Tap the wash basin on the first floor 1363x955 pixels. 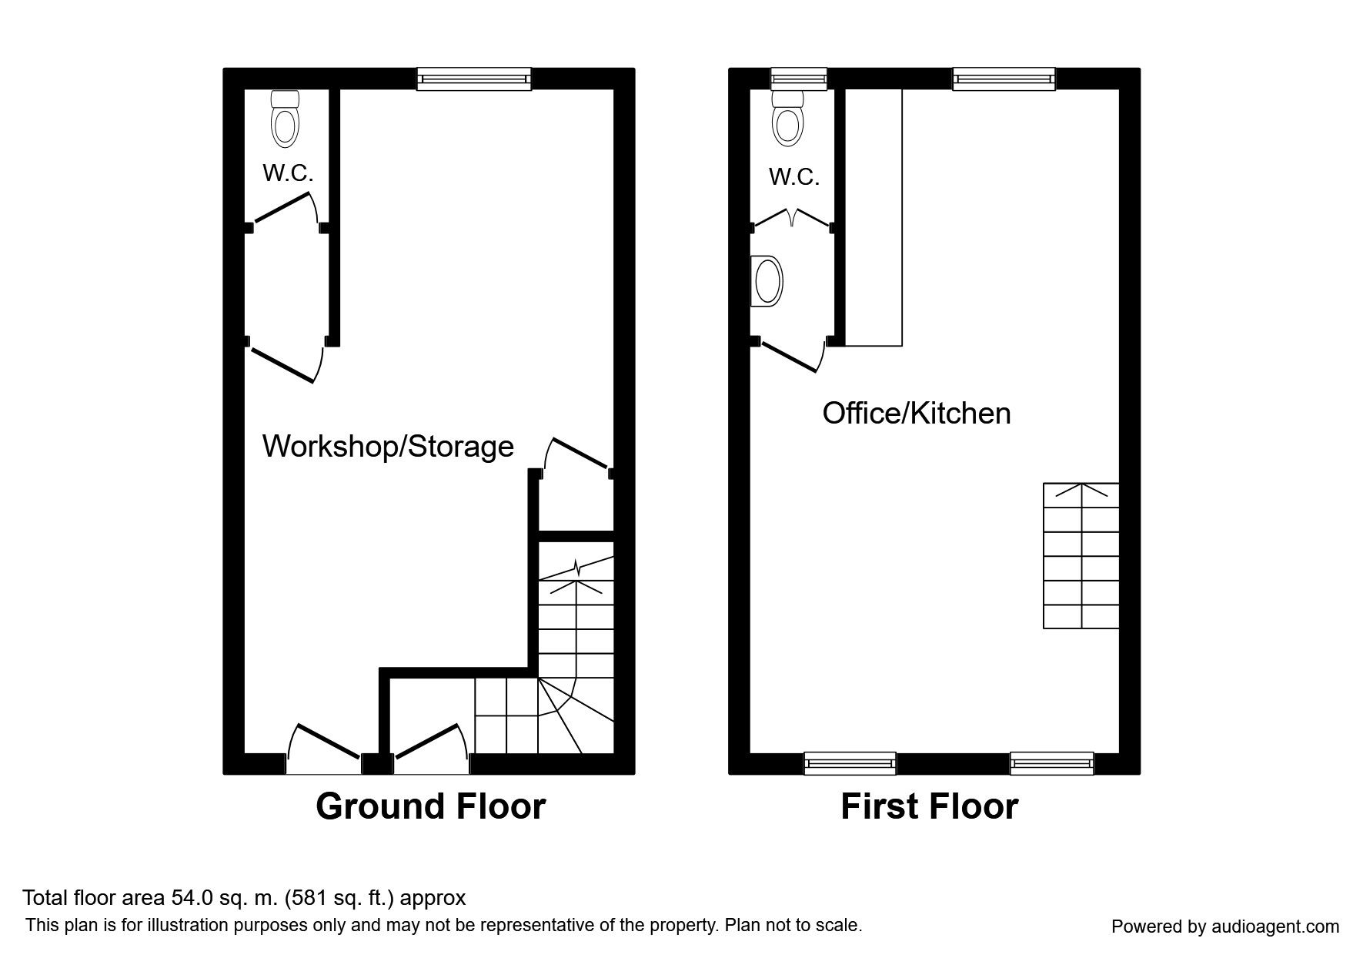pos(767,280)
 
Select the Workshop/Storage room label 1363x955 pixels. pos(388,446)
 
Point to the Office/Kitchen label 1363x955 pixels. pos(917,413)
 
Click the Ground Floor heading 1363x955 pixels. pos(431,806)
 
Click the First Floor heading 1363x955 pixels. pos(930,806)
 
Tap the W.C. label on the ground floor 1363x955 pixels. pos(288,173)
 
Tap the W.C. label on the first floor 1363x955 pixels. pos(793,177)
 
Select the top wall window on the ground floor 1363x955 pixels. pos(474,79)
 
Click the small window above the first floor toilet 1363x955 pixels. pos(799,79)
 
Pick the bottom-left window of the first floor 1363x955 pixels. pos(850,762)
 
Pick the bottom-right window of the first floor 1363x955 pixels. pos(1052,762)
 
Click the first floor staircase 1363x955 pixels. pos(1081,555)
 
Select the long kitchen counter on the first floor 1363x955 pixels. pos(874,217)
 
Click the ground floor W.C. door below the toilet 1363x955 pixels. pos(286,208)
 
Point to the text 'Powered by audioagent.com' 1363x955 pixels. pos(1225,927)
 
